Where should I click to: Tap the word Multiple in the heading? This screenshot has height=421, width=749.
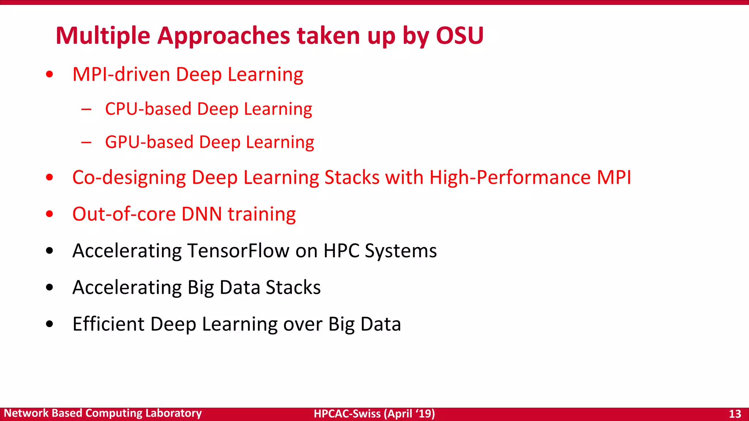(x=103, y=36)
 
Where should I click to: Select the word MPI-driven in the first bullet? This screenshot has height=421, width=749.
(x=121, y=75)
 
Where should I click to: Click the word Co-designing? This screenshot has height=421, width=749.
(x=129, y=178)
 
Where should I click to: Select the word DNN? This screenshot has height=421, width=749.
(x=202, y=214)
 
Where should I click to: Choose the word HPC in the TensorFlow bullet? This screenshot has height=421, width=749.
(x=341, y=251)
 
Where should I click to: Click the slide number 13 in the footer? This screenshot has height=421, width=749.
(x=735, y=414)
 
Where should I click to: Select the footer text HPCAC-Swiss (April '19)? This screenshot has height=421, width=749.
(x=374, y=414)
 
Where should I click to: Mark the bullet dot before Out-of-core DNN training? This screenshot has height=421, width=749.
(x=50, y=214)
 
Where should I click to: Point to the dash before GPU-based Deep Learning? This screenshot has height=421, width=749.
(x=86, y=142)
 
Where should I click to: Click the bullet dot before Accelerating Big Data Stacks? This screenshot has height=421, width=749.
(x=50, y=288)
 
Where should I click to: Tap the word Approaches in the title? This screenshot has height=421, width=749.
(x=223, y=36)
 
